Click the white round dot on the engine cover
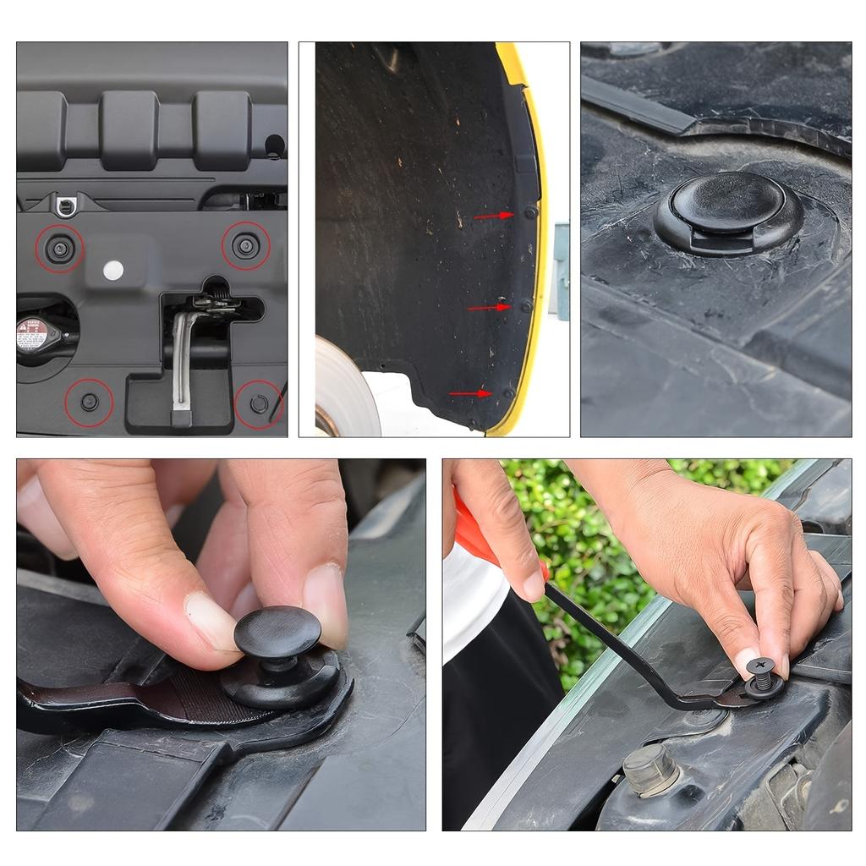click(112, 270)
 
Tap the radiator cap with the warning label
click(35, 333)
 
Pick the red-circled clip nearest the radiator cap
click(89, 402)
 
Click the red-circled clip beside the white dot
click(59, 248)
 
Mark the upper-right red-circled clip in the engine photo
click(245, 245)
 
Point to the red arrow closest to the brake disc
click(470, 393)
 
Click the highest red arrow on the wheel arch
click(494, 216)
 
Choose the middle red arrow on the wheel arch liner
click(489, 307)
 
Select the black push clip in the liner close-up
click(727, 211)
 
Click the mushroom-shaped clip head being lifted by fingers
click(277, 631)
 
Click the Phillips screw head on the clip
click(759, 666)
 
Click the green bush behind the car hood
click(592, 541)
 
